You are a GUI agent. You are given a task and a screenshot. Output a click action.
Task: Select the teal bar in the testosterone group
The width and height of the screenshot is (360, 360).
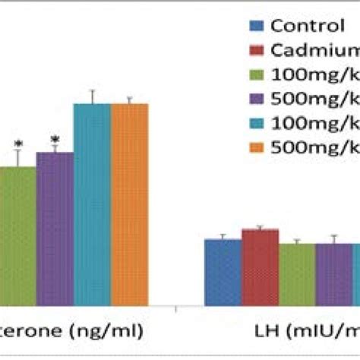click(92, 205)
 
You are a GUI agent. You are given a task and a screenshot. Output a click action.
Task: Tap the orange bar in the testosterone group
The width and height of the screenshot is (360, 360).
click(130, 205)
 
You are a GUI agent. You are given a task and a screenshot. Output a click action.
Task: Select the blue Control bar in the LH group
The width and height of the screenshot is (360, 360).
click(223, 273)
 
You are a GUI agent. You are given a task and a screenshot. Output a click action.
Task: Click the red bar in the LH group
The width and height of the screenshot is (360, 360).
click(260, 268)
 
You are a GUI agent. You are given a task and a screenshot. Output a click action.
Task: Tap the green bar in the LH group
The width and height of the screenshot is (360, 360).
click(297, 275)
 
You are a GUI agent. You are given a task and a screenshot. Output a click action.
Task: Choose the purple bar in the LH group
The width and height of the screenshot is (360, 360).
click(334, 275)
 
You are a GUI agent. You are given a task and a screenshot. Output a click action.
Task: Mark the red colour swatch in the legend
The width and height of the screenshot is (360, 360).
click(257, 51)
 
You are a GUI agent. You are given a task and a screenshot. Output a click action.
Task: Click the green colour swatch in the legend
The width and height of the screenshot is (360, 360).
click(257, 75)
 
